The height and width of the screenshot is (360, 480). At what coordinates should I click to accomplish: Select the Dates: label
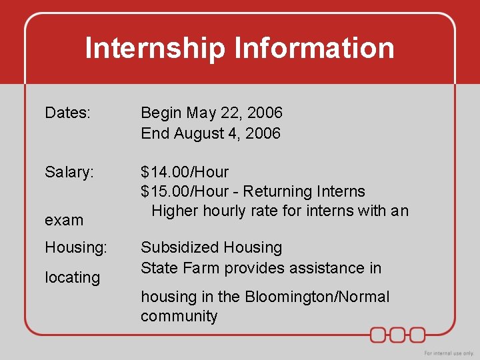pos(67,113)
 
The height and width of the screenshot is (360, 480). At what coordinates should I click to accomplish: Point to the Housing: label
pos(76,247)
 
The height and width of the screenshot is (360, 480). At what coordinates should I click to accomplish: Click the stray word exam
pos(64,220)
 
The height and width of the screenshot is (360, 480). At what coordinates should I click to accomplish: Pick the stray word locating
pos(72,277)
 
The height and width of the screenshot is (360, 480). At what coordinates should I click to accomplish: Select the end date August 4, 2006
pos(227,133)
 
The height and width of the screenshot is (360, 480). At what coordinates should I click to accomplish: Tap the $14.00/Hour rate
pos(185,172)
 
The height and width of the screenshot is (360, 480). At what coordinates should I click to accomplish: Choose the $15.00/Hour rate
pos(185,192)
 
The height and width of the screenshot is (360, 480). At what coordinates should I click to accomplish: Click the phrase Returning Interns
pos(304,192)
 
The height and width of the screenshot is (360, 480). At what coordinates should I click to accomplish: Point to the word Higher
pos(173,211)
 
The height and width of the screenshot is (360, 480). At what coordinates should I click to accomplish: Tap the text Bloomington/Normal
pos(317,297)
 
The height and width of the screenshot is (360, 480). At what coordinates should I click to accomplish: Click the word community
pos(179,316)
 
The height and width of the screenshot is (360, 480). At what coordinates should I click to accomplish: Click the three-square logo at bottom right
pos(398,334)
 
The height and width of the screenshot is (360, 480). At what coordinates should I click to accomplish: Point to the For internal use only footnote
pos(449,353)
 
